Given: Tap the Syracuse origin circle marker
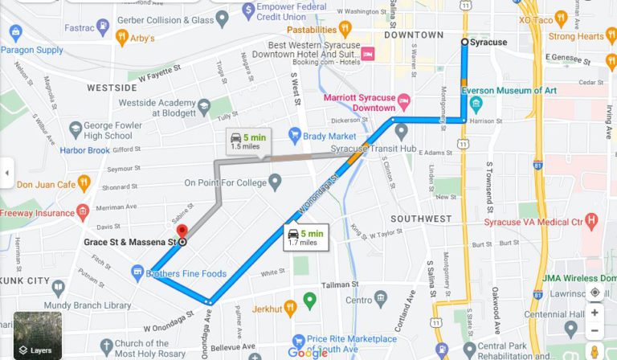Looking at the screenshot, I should point(464,42).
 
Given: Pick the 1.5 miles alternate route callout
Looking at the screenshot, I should point(247,141).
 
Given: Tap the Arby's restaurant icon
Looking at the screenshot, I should point(122,37).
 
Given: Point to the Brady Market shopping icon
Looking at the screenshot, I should point(295,136).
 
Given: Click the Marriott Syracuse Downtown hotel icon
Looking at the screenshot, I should point(403,102).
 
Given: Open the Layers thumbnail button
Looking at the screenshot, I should point(37,336).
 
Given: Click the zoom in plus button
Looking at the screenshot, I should point(595,313).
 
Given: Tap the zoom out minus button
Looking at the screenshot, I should point(595,331).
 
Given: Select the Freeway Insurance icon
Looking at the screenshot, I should point(81,213).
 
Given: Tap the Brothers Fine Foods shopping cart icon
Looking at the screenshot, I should point(138,273).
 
